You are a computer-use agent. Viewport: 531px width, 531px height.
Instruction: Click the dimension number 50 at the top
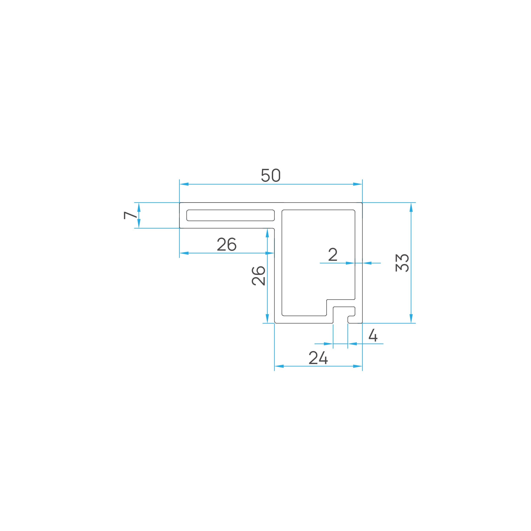[271, 175]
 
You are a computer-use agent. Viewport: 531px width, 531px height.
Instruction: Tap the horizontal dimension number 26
[227, 244]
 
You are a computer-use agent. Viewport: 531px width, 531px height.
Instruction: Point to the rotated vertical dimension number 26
[258, 276]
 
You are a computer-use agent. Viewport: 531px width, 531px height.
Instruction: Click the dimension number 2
[333, 254]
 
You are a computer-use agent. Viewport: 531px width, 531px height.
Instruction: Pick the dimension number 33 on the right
[402, 263]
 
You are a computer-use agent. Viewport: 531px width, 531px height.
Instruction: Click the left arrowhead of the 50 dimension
[184, 184]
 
